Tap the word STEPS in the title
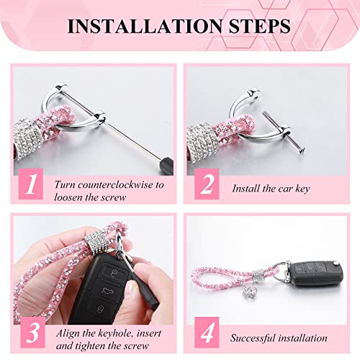coord(256,27)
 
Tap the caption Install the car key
coord(271,188)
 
